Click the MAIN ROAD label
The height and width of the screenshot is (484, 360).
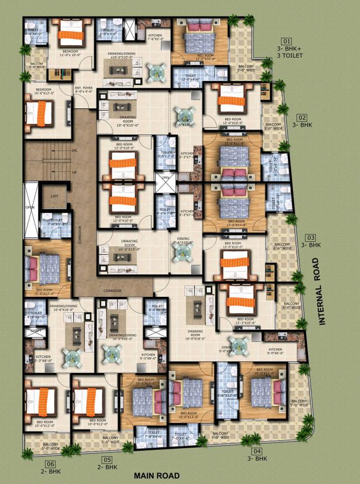pyautogui.click(x=157, y=476)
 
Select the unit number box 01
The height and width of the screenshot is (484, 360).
pyautogui.click(x=286, y=42)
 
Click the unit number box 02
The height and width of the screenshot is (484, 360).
pyautogui.click(x=301, y=118)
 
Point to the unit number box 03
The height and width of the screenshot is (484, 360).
pyautogui.click(x=310, y=237)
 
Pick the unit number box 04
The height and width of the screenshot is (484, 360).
pyautogui.click(x=257, y=451)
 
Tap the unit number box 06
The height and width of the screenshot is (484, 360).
pyautogui.click(x=51, y=464)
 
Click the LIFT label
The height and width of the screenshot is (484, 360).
pyautogui.click(x=54, y=197)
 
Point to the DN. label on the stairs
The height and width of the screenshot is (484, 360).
pyautogui.click(x=74, y=151)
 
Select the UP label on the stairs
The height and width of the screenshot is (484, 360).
pyautogui.click(x=74, y=172)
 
